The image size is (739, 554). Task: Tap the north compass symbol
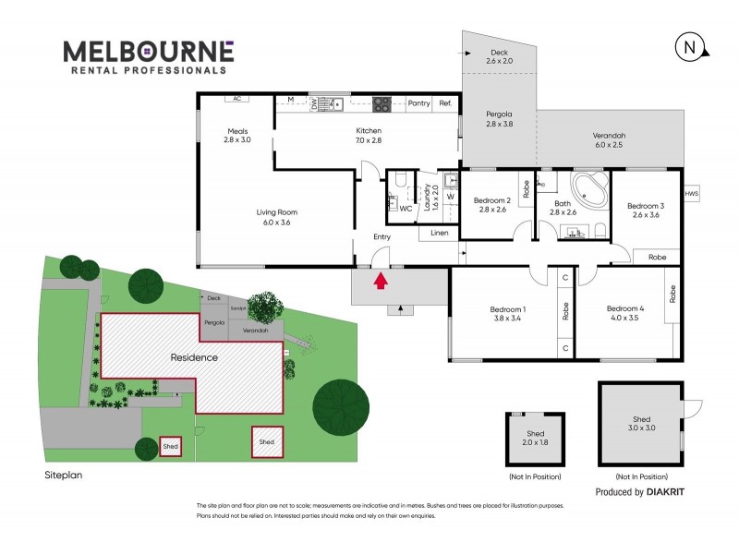[688, 47]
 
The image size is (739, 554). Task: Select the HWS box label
[692, 194]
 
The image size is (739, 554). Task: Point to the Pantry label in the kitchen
[418, 103]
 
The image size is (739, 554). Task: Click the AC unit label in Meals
[236, 98]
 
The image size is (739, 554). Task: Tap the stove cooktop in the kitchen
[382, 103]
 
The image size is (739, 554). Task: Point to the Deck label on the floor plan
[500, 52]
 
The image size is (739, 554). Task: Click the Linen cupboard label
[439, 233]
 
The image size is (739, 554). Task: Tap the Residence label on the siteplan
[193, 356]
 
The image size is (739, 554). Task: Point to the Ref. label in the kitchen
[445, 103]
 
